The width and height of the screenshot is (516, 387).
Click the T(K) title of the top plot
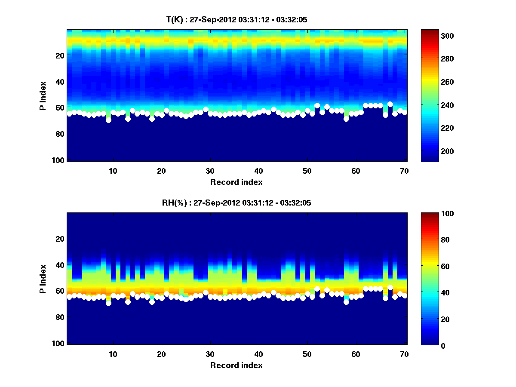236,19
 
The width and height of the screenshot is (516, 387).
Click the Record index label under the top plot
236,182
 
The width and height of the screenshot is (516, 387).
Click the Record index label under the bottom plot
236,365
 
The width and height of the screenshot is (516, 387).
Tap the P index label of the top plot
43,95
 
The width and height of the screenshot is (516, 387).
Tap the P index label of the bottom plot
43,279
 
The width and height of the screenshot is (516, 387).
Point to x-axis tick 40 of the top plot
258,170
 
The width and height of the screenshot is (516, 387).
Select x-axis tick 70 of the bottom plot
404,353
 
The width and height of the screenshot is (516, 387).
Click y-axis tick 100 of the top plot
59,160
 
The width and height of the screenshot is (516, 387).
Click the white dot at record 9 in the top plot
108,120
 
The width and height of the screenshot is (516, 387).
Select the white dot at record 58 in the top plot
346,119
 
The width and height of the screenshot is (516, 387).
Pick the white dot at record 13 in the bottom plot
128,302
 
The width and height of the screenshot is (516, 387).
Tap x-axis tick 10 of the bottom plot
113,353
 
